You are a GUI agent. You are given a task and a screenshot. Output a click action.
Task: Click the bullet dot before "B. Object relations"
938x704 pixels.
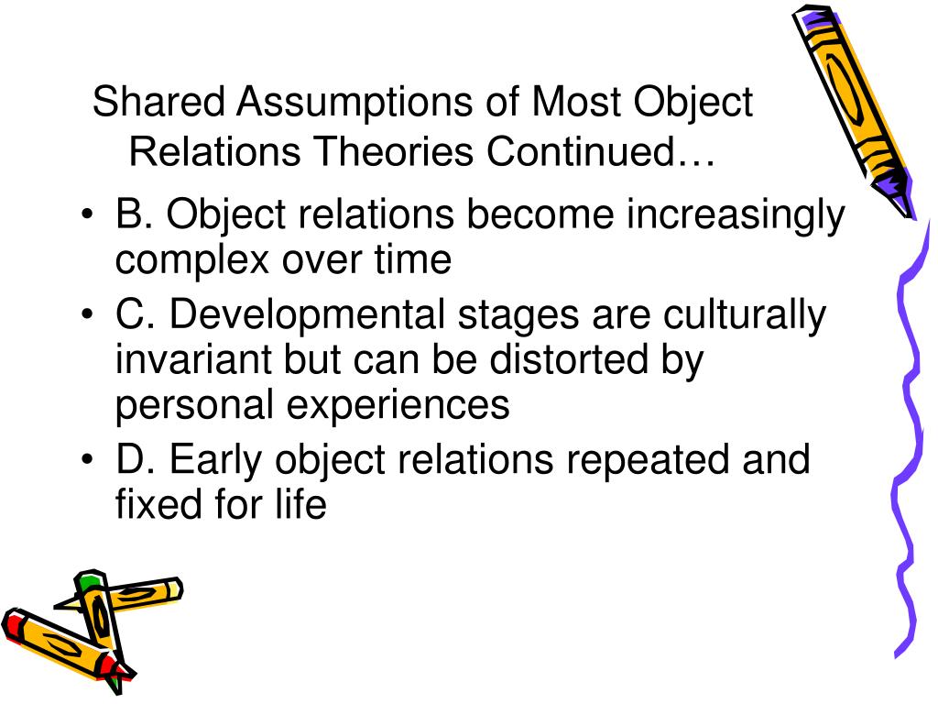[86, 216]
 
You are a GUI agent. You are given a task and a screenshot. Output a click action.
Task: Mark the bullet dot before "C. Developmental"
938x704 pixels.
[86, 316]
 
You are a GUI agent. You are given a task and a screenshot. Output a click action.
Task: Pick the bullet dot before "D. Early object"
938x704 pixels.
[86, 460]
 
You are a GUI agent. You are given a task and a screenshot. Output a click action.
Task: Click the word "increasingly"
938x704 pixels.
[736, 216]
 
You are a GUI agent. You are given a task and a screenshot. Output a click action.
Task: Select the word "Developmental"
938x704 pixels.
[309, 316]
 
